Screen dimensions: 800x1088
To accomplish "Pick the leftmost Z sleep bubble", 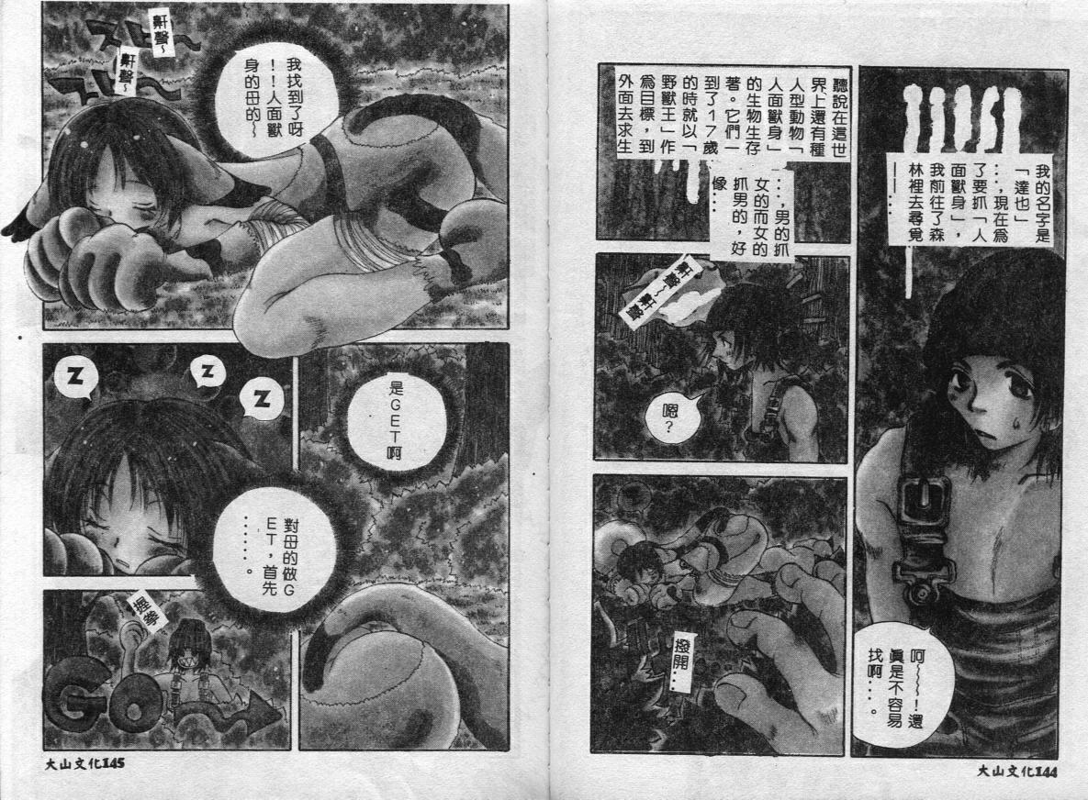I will [74, 379].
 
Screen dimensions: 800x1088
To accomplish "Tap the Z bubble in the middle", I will [208, 372].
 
